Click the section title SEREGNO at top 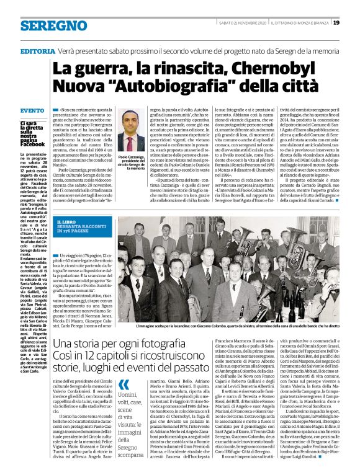(44, 25)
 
